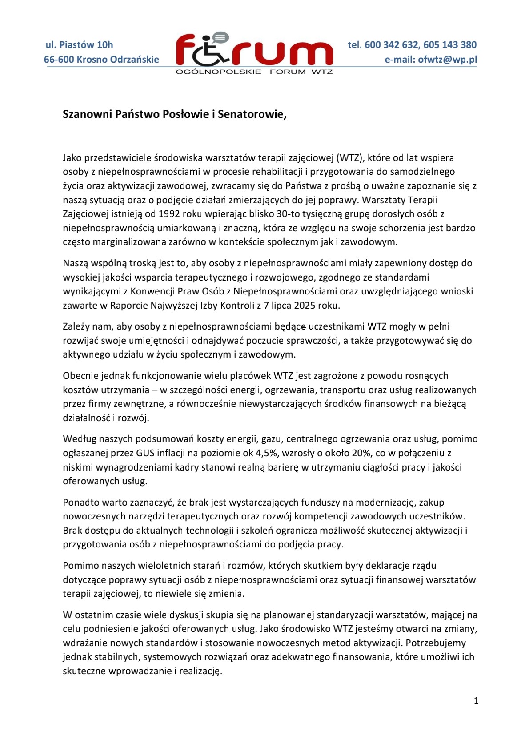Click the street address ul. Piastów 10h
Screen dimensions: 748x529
click(79, 44)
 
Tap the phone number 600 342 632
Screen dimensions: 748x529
click(391, 44)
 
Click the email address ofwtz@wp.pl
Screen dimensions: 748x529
click(447, 59)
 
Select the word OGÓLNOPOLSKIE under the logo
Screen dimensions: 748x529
click(218, 72)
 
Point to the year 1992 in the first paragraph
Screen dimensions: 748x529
click(169, 214)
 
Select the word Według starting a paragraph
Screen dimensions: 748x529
click(78, 439)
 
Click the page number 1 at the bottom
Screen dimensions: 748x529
click(476, 701)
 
